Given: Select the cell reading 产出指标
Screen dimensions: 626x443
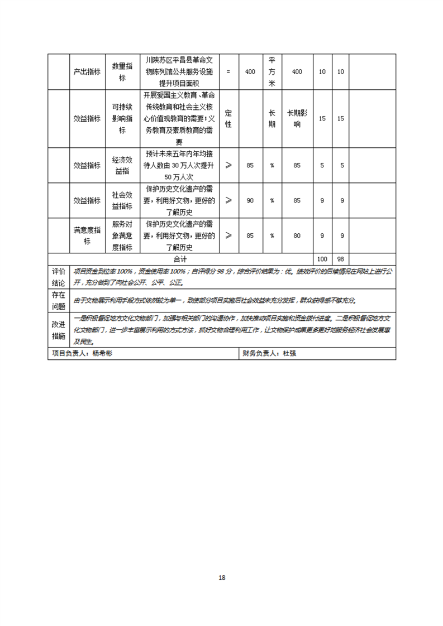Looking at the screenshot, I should pyautogui.click(x=87, y=72).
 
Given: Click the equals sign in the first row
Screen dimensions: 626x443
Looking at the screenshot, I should pyautogui.click(x=228, y=72).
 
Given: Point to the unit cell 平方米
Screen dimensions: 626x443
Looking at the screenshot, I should pyautogui.click(x=271, y=71).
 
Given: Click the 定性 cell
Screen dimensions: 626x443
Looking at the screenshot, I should pyautogui.click(x=228, y=118).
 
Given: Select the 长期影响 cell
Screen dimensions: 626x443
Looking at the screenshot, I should pyautogui.click(x=297, y=118).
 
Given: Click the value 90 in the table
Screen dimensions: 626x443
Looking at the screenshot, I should pyautogui.click(x=250, y=200).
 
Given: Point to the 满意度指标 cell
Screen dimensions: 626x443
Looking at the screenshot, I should pyautogui.click(x=87, y=235).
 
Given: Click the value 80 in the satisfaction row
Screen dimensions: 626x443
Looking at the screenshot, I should pyautogui.click(x=297, y=235).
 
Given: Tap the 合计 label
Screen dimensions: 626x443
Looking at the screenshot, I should pyautogui.click(x=180, y=259).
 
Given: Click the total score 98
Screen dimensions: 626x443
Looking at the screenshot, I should pyautogui.click(x=341, y=259).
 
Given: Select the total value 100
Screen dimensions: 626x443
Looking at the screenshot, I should pyautogui.click(x=322, y=259).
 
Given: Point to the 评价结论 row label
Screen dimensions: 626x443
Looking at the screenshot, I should pyautogui.click(x=58, y=277).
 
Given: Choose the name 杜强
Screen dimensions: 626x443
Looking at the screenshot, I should pyautogui.click(x=289, y=354).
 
